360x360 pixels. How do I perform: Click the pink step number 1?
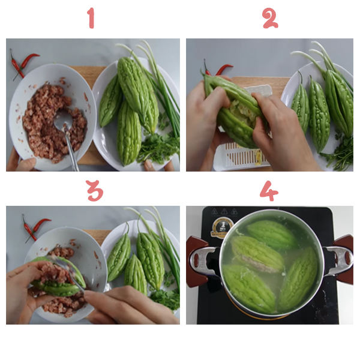pos(91,18)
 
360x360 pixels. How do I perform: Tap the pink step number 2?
pos(270,18)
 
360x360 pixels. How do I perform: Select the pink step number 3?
pos(95,191)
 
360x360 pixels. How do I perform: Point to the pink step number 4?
pos(269,191)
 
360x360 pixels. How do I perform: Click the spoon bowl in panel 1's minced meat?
pos(62,121)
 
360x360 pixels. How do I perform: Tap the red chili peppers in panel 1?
pos(22,65)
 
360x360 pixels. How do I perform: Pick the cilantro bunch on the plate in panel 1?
pos(159,144)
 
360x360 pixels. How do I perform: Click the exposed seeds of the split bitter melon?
pos(244,111)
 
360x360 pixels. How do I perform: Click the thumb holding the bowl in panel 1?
pos(27,163)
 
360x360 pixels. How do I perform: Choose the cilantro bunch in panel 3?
pos(166,297)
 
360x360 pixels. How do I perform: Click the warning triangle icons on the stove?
pos(224,211)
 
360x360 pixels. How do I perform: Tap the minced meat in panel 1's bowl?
pos(55,122)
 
